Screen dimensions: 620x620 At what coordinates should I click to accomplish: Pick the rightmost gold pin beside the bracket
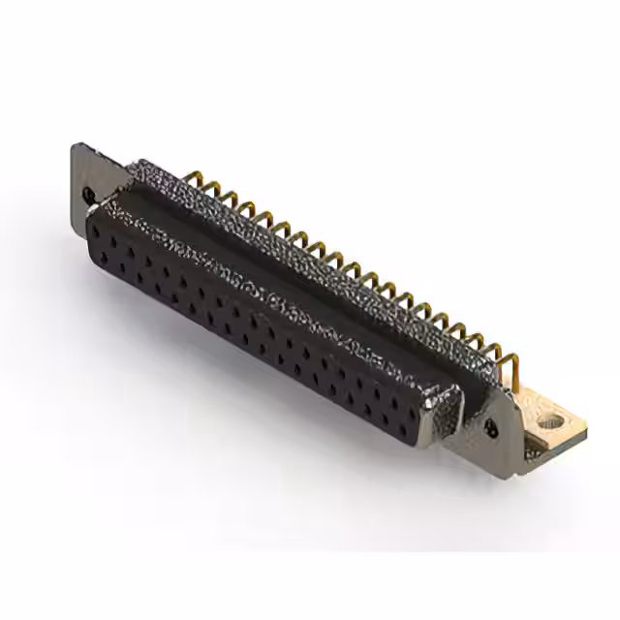click(513, 369)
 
